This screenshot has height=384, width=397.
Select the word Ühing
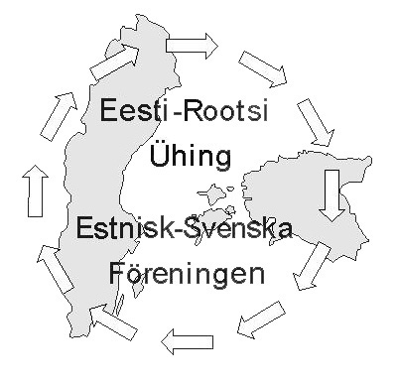(189, 155)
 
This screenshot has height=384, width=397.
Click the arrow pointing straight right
(192, 43)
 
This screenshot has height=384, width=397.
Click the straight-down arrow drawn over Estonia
(331, 194)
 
